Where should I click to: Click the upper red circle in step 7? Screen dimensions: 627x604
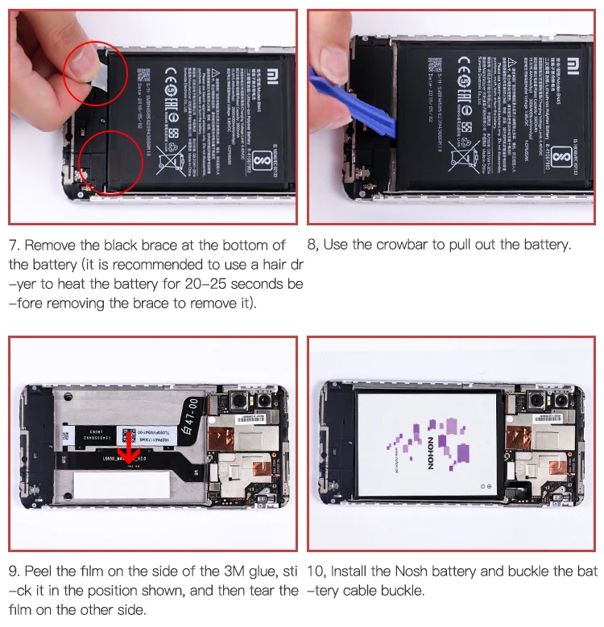[x=95, y=72]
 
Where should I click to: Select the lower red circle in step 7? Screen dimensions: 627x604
[x=112, y=163]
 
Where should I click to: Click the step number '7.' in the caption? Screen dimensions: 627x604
[x=14, y=245]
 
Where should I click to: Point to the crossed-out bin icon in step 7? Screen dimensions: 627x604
[x=171, y=158]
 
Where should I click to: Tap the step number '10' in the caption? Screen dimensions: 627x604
[x=316, y=571]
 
